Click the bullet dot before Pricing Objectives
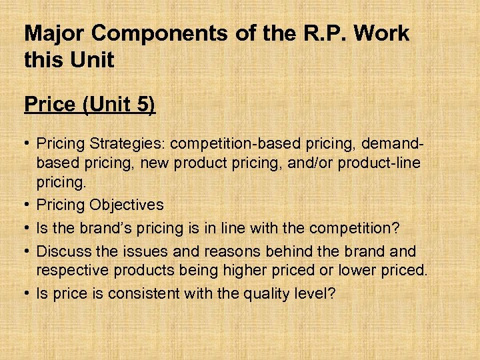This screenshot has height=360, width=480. pos(27,205)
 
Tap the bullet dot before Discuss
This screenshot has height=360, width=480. pos(27,251)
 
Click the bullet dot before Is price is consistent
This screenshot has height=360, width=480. pos(27,293)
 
